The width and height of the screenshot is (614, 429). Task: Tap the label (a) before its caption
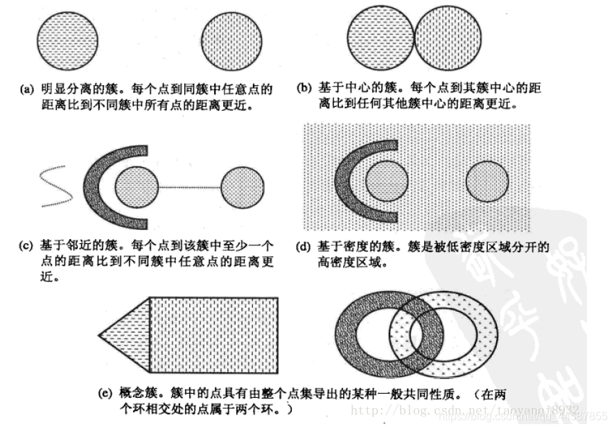pyautogui.click(x=27, y=89)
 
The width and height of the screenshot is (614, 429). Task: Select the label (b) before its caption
pyautogui.click(x=304, y=89)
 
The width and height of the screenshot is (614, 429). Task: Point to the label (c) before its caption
pyautogui.click(x=27, y=246)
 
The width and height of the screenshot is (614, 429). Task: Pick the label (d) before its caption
pyautogui.click(x=304, y=246)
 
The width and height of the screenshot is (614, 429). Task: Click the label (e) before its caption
pyautogui.click(x=105, y=394)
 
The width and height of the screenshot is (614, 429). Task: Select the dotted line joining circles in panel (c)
pyautogui.click(x=190, y=187)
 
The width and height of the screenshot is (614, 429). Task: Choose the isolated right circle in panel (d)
pyautogui.click(x=487, y=182)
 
